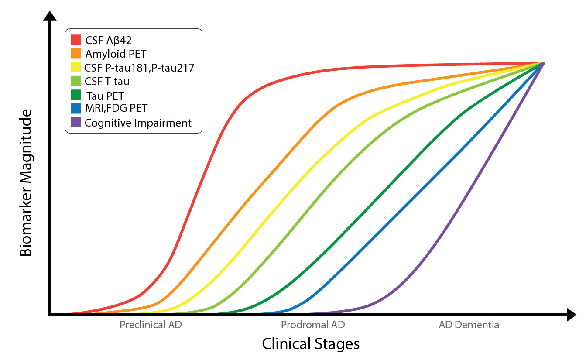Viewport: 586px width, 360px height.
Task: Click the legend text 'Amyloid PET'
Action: click(116, 54)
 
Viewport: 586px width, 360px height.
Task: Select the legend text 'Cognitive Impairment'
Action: click(138, 123)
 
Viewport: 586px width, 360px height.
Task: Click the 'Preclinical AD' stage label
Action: click(151, 325)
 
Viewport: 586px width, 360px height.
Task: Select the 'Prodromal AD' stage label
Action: click(313, 325)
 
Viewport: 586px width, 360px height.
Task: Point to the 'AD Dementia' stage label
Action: click(469, 325)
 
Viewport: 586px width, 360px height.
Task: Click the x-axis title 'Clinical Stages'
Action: click(311, 344)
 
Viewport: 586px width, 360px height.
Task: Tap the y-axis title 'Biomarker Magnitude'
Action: click(26, 183)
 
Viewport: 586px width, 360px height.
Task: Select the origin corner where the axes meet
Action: click(51, 314)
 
